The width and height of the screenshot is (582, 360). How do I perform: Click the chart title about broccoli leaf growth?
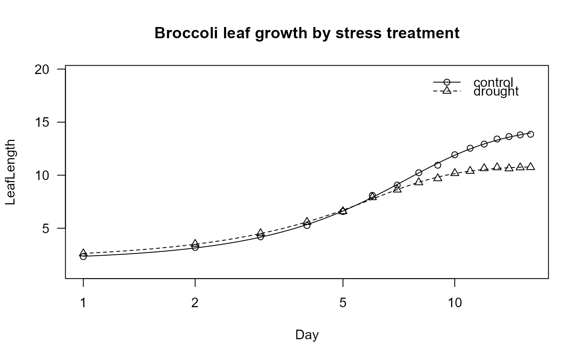point(307,33)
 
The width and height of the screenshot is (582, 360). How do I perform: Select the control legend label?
point(493,82)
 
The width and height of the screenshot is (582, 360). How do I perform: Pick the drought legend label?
point(496,91)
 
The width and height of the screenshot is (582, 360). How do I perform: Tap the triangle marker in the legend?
point(447,91)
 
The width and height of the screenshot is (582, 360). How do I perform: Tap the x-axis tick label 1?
point(83,303)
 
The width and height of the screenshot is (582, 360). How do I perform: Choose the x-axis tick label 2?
point(195,303)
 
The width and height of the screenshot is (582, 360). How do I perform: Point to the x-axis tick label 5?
point(343,303)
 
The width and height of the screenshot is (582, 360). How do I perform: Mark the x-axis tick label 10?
point(454,303)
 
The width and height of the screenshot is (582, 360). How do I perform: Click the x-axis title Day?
point(307,335)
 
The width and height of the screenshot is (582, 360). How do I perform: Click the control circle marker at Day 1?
point(83,256)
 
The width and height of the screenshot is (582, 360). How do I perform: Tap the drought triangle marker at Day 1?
point(83,253)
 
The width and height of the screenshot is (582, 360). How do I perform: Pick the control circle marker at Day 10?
point(454,155)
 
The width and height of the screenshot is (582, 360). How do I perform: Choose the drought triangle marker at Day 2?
point(195,243)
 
